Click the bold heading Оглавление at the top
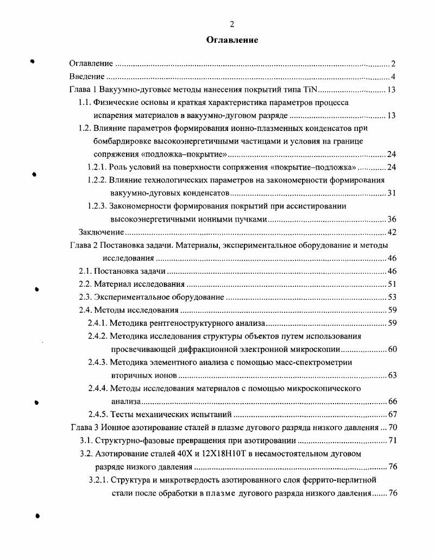(232, 40)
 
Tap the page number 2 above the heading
(232, 24)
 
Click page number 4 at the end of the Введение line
(393, 77)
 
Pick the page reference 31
(392, 193)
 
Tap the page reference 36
(392, 219)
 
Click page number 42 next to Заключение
(392, 233)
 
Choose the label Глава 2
(83, 245)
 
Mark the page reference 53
(392, 297)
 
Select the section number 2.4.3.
(97, 362)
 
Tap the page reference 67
(392, 414)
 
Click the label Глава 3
(84, 428)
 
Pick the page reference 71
(392, 441)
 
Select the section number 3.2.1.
(98, 480)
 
